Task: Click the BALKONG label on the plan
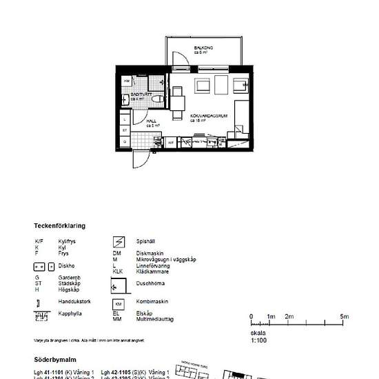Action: pyautogui.click(x=203, y=48)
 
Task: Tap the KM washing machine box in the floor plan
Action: pyautogui.click(x=127, y=81)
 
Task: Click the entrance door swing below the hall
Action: pyautogui.click(x=141, y=157)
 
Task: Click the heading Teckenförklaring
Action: pyautogui.click(x=60, y=226)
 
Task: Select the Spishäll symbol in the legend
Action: pyautogui.click(x=119, y=241)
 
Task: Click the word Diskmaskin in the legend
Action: pyautogui.click(x=149, y=254)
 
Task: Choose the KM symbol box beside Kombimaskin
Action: pyautogui.click(x=119, y=303)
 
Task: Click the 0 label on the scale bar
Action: pyautogui.click(x=252, y=316)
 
